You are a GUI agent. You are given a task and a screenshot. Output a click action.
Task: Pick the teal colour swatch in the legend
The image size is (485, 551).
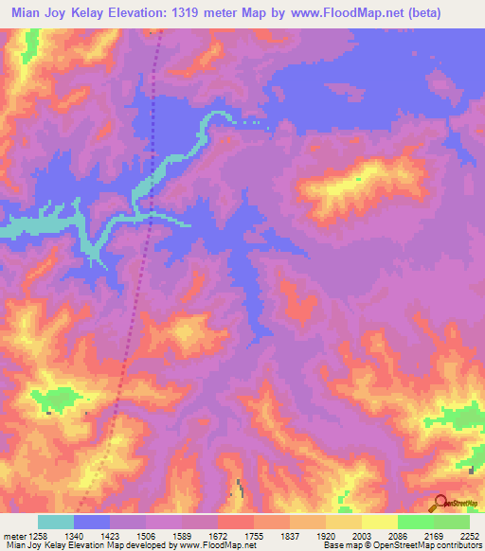coord(56,522)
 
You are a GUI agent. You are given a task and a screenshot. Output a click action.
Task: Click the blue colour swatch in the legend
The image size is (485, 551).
coord(92,522)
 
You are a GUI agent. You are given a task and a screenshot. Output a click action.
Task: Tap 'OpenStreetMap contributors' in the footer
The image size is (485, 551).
coord(431,544)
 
